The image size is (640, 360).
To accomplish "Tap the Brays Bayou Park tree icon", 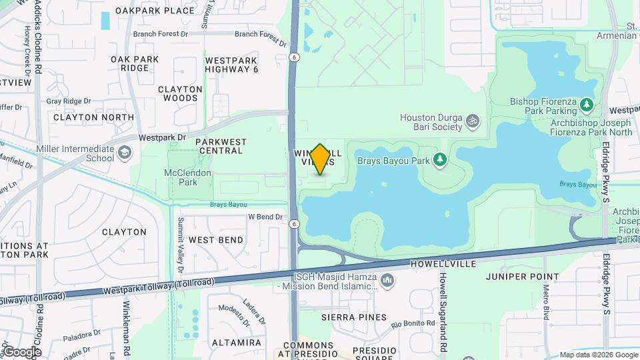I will (439, 159).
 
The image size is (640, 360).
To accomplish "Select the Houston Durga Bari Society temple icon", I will (473, 121).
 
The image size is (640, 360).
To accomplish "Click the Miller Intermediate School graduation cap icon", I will (124, 154).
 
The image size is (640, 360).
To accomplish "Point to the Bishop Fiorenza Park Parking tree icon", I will (587, 105).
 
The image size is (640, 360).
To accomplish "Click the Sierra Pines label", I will (353, 317).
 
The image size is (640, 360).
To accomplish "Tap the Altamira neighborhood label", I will (236, 343).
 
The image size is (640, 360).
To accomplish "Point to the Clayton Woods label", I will (180, 93).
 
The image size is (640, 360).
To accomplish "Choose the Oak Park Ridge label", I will (135, 63).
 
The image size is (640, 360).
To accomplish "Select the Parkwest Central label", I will (221, 146).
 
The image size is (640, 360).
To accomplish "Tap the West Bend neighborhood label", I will (216, 239).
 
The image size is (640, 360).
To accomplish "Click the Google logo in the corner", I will (22, 352).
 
